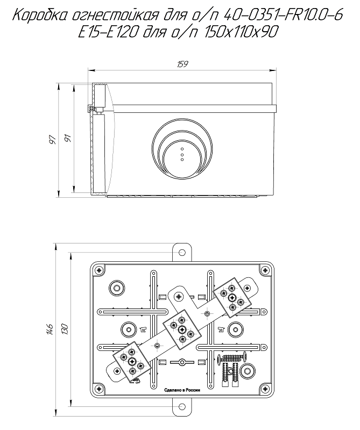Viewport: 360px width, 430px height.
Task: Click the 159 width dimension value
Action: coord(182,64)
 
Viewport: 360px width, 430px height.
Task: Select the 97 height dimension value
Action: coord(52,139)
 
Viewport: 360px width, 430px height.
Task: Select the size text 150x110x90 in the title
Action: coord(241,32)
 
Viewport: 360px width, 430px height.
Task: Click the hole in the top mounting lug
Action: coord(182,251)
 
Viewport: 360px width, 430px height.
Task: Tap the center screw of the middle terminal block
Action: coord(182,328)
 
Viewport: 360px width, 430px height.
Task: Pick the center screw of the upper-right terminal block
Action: coord(231,297)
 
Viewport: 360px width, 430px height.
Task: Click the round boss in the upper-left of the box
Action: coord(115,288)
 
